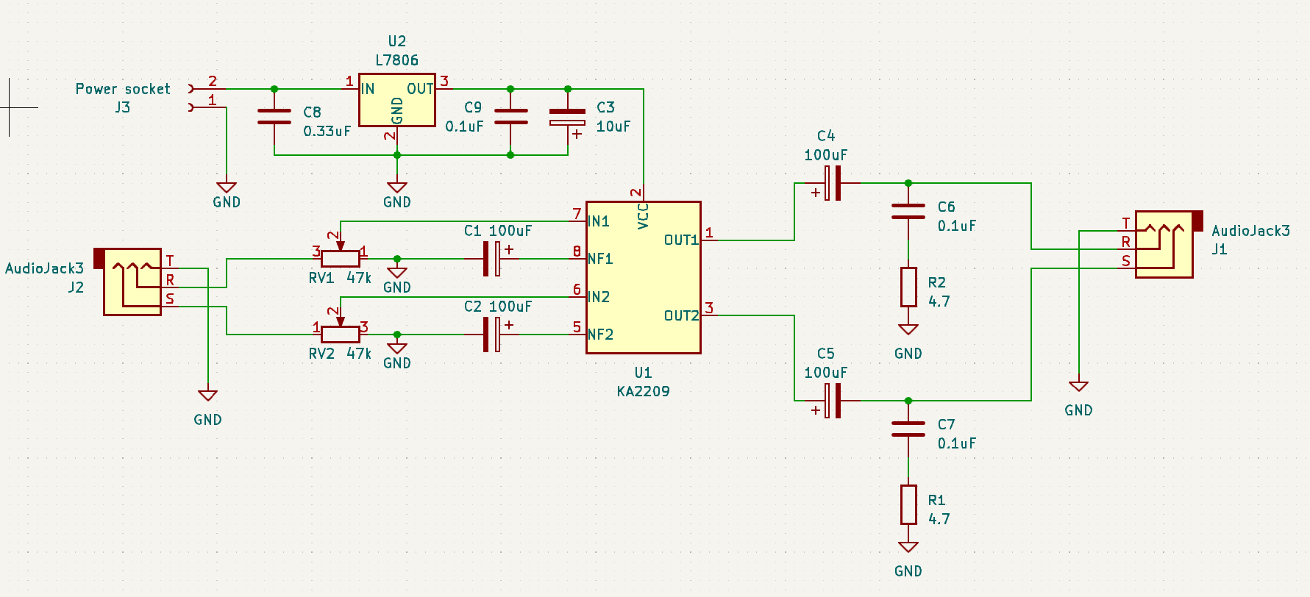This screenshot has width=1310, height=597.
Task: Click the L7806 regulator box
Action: point(396,100)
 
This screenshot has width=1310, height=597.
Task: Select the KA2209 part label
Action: point(643,391)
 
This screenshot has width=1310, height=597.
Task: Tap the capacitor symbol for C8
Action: point(274,117)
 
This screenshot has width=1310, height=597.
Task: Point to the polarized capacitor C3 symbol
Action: point(567,118)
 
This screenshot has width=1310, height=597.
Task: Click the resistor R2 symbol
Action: point(908,287)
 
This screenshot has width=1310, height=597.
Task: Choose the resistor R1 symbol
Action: point(908,505)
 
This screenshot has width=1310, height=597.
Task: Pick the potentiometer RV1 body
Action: point(341,259)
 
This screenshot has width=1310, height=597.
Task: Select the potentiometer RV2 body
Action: point(341,335)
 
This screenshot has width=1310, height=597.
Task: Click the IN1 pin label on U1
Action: point(599,221)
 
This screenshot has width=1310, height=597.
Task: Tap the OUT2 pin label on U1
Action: point(681,315)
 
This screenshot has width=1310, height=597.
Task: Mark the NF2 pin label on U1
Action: point(600,335)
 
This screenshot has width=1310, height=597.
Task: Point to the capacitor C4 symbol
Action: point(832,183)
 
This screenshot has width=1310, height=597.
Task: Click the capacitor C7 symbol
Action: point(908,429)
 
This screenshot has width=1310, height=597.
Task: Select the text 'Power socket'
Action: point(123,89)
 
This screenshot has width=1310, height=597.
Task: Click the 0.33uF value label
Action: point(327,131)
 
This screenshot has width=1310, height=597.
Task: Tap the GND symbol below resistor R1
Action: point(908,548)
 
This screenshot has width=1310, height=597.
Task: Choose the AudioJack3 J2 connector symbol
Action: point(132,282)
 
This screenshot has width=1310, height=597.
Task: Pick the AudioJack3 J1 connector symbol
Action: point(1164,244)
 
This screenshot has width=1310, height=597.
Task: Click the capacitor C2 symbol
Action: point(492,335)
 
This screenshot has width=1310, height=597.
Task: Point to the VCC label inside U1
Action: point(643,216)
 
